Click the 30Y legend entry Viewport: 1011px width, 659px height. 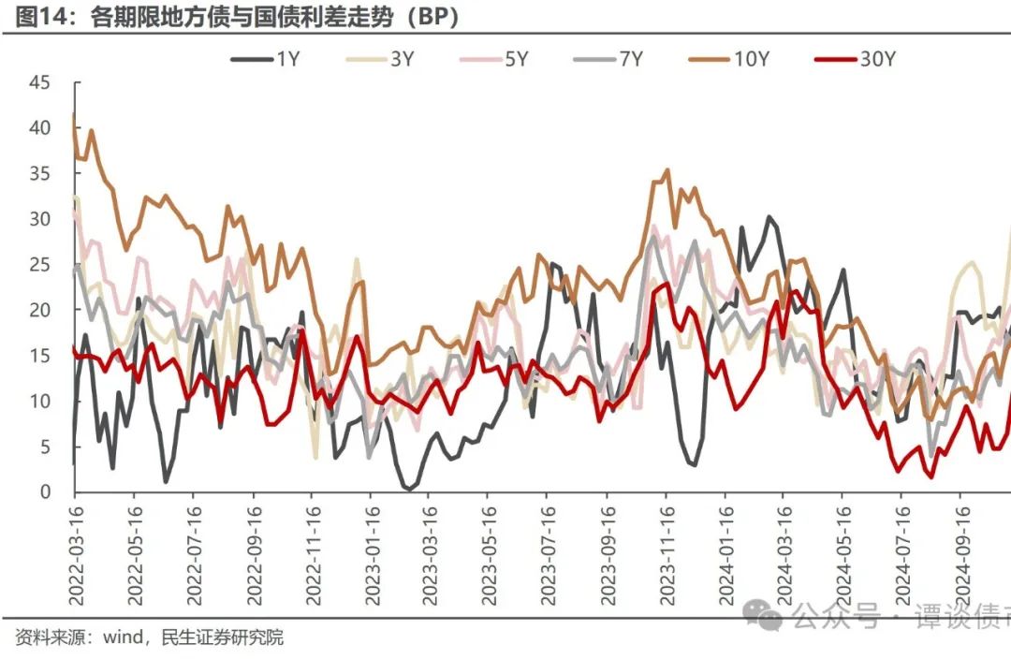(x=856, y=58)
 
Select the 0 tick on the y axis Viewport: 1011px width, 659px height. (x=44, y=492)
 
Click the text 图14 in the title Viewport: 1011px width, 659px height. (x=38, y=18)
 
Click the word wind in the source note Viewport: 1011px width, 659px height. (x=121, y=638)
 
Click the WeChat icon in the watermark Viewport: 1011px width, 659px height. (x=769, y=616)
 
